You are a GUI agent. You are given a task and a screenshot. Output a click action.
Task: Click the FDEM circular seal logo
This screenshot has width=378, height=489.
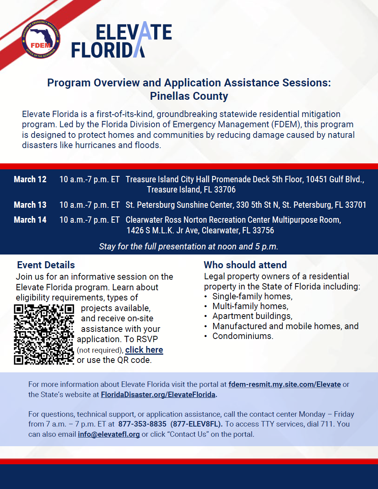pyautogui.click(x=41, y=39)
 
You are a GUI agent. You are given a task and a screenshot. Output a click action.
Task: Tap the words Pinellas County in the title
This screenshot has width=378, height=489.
pyautogui.click(x=189, y=96)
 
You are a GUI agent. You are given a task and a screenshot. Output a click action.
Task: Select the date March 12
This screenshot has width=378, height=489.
pyautogui.click(x=30, y=179)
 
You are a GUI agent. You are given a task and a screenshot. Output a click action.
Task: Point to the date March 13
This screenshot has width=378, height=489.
pyautogui.click(x=30, y=205)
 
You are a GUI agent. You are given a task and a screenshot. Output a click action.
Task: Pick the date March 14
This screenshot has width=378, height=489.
pyautogui.click(x=30, y=220)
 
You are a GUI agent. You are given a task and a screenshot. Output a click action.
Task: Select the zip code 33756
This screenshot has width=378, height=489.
pyautogui.click(x=263, y=231)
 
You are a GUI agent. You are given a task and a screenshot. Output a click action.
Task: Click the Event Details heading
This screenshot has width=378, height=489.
pyautogui.click(x=46, y=265)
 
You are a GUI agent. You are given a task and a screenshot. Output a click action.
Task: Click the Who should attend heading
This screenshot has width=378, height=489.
pyautogui.click(x=245, y=265)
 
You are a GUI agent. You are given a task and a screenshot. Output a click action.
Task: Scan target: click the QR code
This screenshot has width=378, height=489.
pyautogui.click(x=44, y=334)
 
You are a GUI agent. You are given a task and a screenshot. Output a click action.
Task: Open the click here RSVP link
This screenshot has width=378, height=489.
pyautogui.click(x=144, y=350)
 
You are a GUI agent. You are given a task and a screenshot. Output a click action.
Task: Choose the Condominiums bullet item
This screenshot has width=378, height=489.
pyautogui.click(x=243, y=336)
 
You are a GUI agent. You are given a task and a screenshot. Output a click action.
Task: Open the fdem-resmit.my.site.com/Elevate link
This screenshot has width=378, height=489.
pyautogui.click(x=284, y=385)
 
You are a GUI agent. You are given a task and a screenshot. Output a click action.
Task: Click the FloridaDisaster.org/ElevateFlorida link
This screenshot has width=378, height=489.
pyautogui.click(x=158, y=395)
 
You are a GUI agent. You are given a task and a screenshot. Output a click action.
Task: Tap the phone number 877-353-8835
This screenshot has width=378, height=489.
pyautogui.click(x=142, y=424)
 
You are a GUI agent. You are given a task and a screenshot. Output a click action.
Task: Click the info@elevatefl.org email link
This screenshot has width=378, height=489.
pyautogui.click(x=109, y=434)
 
